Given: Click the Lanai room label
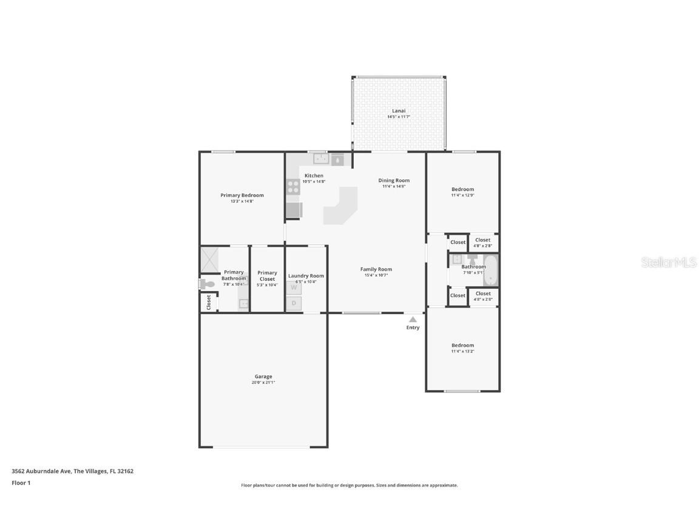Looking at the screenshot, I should point(399,111).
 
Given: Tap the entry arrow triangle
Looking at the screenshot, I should point(413,319).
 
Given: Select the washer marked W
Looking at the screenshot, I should point(294,288).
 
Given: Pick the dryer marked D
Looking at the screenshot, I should point(294,303).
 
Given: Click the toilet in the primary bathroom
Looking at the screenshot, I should point(206,284).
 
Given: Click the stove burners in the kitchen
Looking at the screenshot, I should point(293,187).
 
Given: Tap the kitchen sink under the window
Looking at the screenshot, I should point(321,159).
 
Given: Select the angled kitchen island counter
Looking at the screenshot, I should point(341,206).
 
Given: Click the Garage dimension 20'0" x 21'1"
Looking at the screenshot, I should point(263,383).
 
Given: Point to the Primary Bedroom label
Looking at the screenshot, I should point(242,195).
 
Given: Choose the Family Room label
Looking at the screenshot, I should point(376,269).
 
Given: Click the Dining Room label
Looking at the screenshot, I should point(394,180).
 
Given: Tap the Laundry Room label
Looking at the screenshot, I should point(306,276).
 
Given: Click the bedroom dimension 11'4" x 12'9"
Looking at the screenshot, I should point(462,195).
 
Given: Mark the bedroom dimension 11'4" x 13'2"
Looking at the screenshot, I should point(462,351).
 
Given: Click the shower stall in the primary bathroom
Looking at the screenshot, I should point(209,260).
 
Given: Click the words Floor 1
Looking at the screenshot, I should point(21,483).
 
